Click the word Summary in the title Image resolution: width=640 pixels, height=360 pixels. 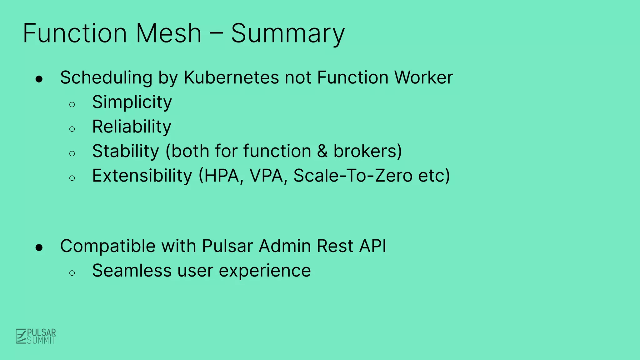287,34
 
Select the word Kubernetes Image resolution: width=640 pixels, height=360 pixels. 231,77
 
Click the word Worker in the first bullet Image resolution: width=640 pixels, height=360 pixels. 423,77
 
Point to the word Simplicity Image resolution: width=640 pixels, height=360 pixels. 132,102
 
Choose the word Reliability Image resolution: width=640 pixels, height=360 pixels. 132,127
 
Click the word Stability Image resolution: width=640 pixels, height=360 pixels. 126,151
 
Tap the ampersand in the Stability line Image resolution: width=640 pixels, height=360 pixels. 322,151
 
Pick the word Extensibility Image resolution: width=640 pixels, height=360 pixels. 142,176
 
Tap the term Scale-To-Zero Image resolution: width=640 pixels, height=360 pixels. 353,176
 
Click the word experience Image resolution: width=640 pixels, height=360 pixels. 265,271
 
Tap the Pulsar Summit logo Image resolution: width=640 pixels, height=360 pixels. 36,336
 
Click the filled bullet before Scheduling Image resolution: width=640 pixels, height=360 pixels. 39,79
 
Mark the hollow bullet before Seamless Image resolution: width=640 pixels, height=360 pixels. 72,273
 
